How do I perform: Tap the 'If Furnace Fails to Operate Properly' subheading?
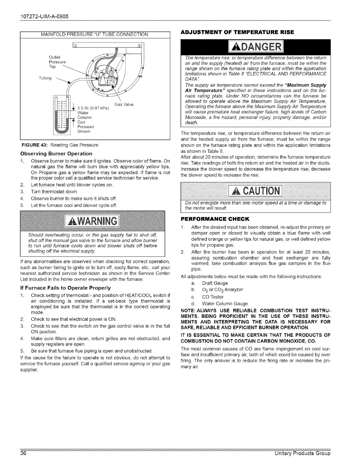[65, 288]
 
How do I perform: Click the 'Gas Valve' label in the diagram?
[124, 104]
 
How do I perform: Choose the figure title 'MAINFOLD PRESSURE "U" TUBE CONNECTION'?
[94, 34]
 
